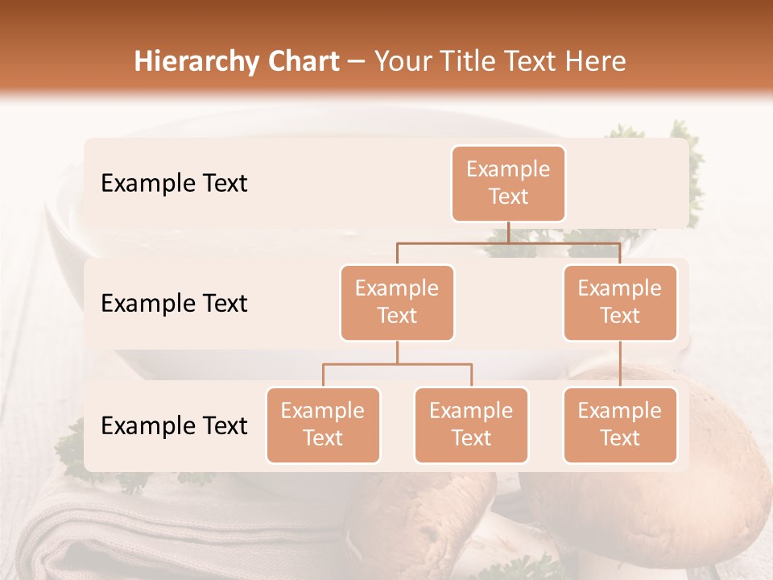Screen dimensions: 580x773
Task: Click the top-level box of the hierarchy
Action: [x=508, y=183]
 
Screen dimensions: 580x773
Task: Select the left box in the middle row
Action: [x=397, y=302]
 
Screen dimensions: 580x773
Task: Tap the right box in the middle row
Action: [x=620, y=302]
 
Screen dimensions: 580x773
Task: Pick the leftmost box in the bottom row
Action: [x=323, y=425]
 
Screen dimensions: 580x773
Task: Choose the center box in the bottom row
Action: [x=471, y=425]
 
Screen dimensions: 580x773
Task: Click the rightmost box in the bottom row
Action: [x=620, y=425]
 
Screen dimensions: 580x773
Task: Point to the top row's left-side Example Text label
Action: [x=174, y=183]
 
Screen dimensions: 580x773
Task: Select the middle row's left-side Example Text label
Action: [x=174, y=303]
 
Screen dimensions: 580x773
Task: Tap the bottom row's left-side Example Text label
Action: [x=174, y=425]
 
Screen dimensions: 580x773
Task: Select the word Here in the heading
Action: [x=596, y=61]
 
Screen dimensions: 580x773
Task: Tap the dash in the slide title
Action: [x=357, y=62]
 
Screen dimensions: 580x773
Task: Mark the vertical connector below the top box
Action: [x=508, y=232]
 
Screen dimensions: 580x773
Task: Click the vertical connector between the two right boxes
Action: [x=620, y=363]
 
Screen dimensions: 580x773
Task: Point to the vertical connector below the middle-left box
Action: [x=397, y=352]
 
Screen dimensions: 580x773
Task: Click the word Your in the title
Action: [x=403, y=61]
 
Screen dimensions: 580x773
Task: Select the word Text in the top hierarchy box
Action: [x=508, y=197]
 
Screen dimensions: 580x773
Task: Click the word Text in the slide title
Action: [x=530, y=61]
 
